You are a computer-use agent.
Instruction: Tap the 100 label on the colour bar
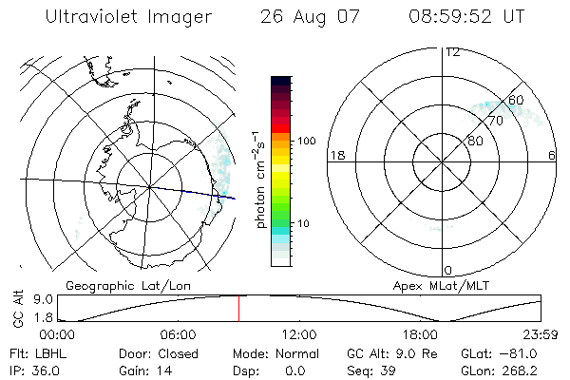(307, 141)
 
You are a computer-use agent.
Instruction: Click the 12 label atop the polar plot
(452, 51)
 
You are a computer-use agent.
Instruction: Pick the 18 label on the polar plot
(336, 154)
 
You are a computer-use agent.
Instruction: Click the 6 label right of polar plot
(552, 154)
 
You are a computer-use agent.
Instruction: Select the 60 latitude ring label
(516, 100)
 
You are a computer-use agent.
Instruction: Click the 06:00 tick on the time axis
(178, 335)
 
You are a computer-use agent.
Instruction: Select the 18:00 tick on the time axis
(420, 335)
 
